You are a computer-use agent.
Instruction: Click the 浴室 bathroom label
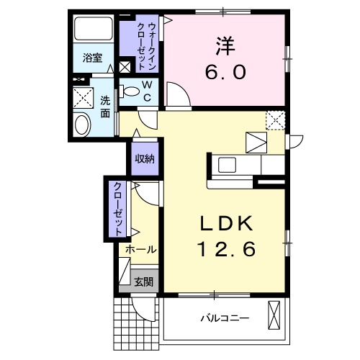(x=91, y=56)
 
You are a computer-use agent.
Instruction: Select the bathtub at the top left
(x=92, y=30)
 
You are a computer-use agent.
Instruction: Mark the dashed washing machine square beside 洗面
(x=86, y=99)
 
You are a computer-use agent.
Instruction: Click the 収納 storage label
(x=144, y=158)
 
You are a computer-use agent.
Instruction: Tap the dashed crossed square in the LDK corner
(x=274, y=120)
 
